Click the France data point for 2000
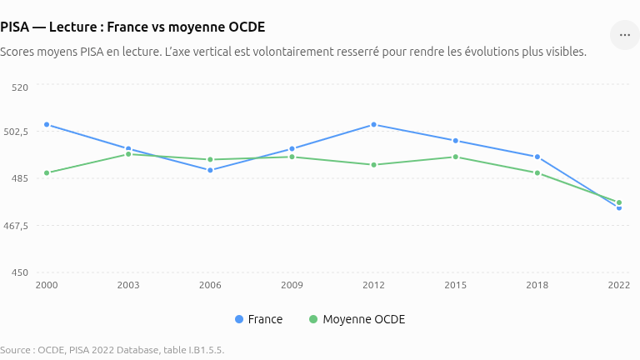[47, 124]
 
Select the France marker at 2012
[374, 124]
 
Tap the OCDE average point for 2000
[47, 173]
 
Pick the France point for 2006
[210, 170]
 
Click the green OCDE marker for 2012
[374, 165]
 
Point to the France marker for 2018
[537, 157]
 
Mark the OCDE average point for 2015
[456, 157]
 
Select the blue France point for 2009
[292, 149]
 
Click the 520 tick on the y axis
[20, 87]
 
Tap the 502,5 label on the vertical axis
[16, 132]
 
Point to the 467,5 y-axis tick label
[16, 226]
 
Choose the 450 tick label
[20, 272]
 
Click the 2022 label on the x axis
[619, 285]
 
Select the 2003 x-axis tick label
[128, 285]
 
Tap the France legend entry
[259, 319]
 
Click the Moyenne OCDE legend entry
[357, 319]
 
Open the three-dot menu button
[625, 35]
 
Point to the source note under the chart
[112, 350]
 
